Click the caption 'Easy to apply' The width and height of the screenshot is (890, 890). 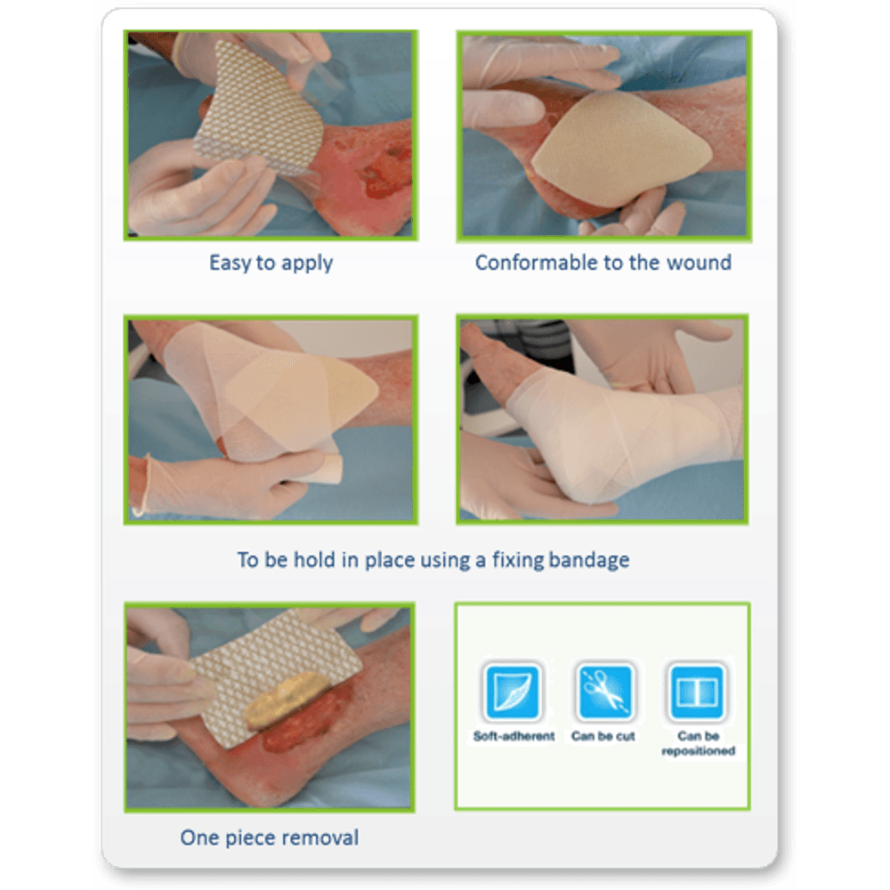(271, 263)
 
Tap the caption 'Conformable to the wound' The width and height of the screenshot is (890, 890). (603, 263)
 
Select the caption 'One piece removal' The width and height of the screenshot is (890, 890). (269, 837)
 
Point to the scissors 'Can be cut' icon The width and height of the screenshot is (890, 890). (604, 691)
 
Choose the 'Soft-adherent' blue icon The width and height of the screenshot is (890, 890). (513, 691)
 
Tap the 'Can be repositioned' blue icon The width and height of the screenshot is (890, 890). (697, 691)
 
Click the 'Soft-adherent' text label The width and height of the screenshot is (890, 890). (514, 736)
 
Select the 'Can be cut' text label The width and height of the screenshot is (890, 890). (603, 736)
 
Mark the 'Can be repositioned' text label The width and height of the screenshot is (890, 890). (698, 743)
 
